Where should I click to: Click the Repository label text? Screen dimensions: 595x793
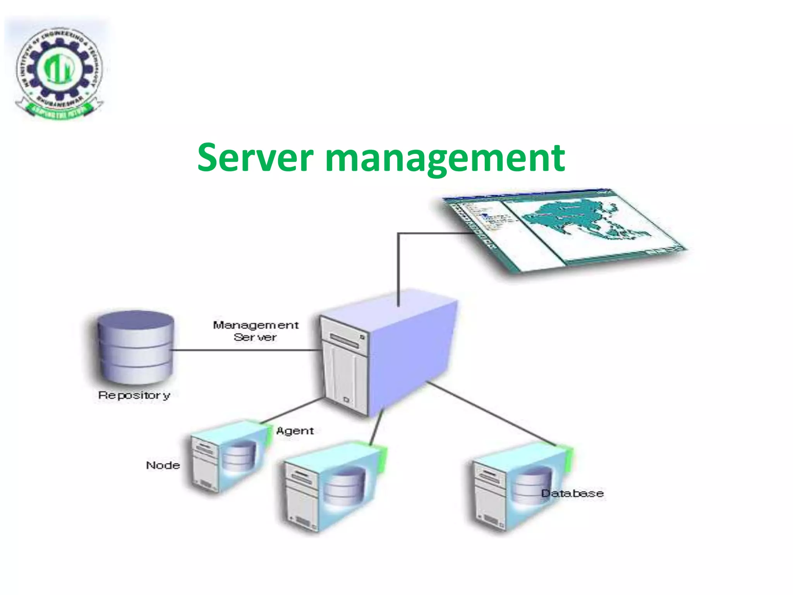click(x=134, y=395)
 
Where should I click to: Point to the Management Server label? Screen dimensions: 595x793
click(x=256, y=331)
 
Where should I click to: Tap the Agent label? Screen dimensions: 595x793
click(x=295, y=431)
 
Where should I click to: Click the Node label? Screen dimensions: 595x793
click(x=163, y=465)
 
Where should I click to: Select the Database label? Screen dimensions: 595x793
click(x=572, y=493)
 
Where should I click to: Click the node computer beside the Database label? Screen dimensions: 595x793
click(x=515, y=488)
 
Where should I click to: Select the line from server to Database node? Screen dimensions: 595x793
click(x=492, y=413)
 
